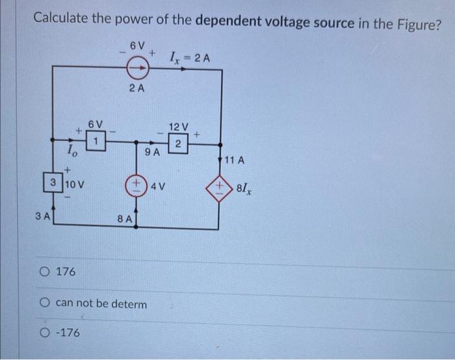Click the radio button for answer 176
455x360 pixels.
tap(44, 270)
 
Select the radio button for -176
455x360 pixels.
tap(44, 333)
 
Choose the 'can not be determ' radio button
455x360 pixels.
tap(44, 303)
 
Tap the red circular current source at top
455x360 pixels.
tap(136, 66)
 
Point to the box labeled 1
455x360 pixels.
tap(96, 140)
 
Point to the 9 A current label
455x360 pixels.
tap(153, 153)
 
